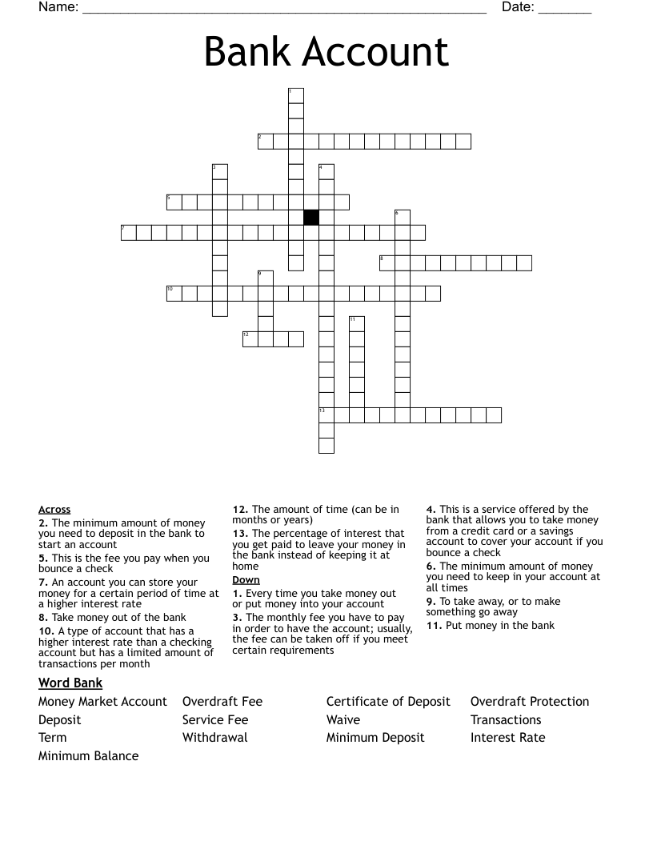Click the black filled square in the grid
pos(311,217)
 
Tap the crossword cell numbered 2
pos(266,142)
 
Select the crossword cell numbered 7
pos(129,232)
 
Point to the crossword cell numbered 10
pos(174,293)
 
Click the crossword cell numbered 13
pos(326,414)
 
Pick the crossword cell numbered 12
pos(250,338)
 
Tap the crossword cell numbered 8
pos(387,262)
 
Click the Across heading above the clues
pos(54,509)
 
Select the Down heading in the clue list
pos(246,579)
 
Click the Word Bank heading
pos(70,683)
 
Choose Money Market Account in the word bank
pos(102,702)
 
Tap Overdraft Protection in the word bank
pos(530,702)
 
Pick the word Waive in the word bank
pos(343,719)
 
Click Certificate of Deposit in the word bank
pos(388,702)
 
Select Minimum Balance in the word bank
pos(88,755)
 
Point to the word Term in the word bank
pos(53,737)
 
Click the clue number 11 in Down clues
pos(434,625)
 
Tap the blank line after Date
pos(565,10)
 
